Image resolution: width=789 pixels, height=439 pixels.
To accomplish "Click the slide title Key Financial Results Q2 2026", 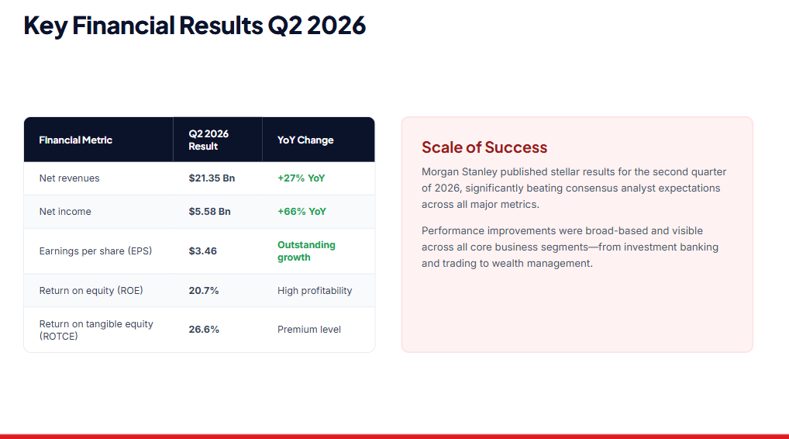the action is point(195,26).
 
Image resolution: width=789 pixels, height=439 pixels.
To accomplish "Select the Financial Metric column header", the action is point(75,140).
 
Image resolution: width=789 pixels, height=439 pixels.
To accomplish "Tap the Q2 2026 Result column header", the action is point(208,140).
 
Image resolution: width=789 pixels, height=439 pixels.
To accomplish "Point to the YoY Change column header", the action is point(305,140).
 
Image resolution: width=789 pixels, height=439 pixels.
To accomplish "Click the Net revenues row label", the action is point(70,178).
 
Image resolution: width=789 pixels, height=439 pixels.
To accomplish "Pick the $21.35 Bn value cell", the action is point(212,178).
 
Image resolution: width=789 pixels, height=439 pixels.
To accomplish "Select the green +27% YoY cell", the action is point(301,178).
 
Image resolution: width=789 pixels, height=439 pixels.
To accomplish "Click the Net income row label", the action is point(65,212).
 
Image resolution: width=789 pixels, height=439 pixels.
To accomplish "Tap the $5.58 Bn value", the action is point(210,212).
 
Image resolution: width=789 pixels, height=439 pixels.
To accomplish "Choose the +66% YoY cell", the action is point(302,212).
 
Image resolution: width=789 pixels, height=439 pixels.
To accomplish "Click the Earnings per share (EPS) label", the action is point(95,251).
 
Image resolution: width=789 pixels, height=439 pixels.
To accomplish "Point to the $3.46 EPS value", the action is point(203,251).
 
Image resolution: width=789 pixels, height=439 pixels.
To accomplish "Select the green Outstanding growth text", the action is point(306,251).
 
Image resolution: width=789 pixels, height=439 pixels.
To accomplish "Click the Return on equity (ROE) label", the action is point(91,291).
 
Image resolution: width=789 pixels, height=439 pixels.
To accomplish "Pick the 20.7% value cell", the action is point(204,291).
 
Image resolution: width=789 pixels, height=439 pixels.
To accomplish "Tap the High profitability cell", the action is point(315,291).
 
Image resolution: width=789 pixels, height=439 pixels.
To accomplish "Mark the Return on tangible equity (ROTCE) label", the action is point(96,330).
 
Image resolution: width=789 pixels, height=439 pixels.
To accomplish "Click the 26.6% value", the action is point(204,329).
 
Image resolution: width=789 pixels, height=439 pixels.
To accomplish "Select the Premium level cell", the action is point(309,329).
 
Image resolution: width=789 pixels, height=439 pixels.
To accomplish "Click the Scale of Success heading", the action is point(484,147).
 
